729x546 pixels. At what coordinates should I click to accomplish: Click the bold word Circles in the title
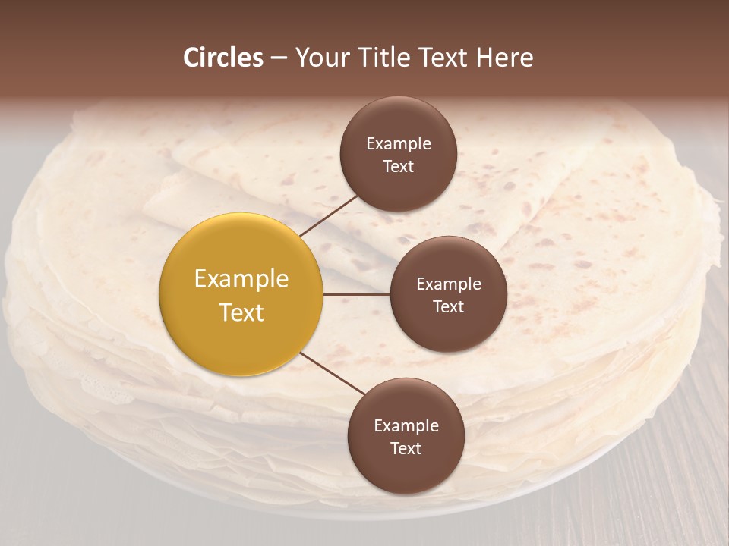click(x=223, y=58)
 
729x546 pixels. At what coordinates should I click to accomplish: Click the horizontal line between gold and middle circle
click(x=357, y=294)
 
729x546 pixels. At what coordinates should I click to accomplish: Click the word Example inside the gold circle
click(x=241, y=279)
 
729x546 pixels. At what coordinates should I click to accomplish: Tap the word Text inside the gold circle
click(x=241, y=312)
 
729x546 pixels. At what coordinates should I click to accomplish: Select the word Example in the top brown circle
click(x=399, y=144)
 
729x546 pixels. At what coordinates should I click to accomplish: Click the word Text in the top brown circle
click(x=398, y=166)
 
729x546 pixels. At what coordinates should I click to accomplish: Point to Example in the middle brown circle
click(x=449, y=284)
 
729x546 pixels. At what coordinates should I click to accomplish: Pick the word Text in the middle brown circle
click(x=448, y=306)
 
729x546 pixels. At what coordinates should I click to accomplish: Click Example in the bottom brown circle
click(x=406, y=426)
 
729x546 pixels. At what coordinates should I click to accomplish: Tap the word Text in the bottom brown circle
click(x=406, y=448)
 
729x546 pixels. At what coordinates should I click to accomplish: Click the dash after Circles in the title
click(x=278, y=58)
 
